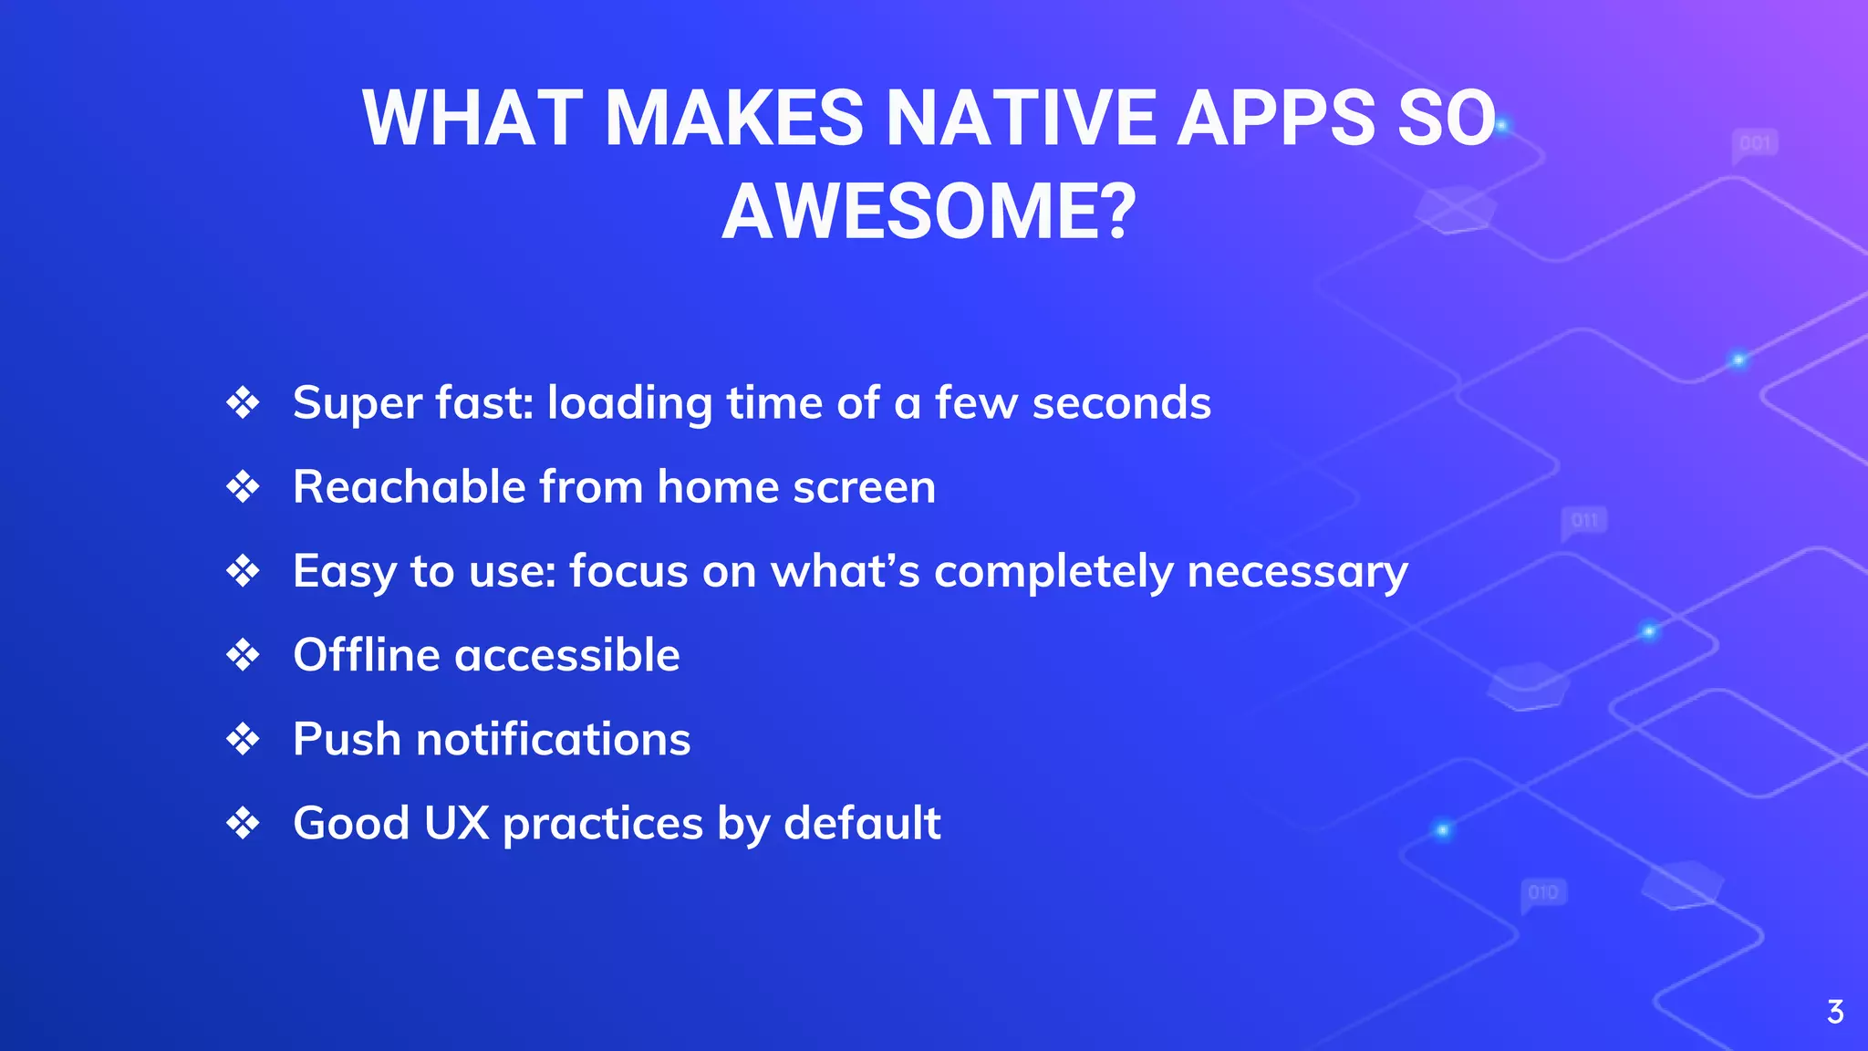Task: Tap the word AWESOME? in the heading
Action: pyautogui.click(x=929, y=213)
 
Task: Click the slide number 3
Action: pyautogui.click(x=1835, y=1012)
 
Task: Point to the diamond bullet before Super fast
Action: pyautogui.click(x=243, y=402)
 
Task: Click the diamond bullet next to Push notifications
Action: pyautogui.click(x=243, y=739)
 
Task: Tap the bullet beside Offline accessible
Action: pyautogui.click(x=243, y=655)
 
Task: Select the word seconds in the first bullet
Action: pyautogui.click(x=1121, y=403)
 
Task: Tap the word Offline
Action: pyautogui.click(x=367, y=655)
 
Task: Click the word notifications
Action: pyautogui.click(x=553, y=739)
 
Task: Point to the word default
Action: pyautogui.click(x=862, y=823)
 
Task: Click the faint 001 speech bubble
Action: pyautogui.click(x=1755, y=144)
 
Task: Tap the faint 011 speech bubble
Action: pyautogui.click(x=1584, y=521)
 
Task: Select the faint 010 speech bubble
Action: pyautogui.click(x=1543, y=892)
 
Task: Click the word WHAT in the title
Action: pyautogui.click(x=472, y=118)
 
